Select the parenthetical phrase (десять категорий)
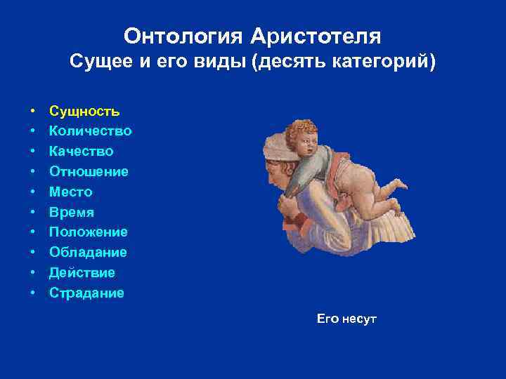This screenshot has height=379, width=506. tap(346, 62)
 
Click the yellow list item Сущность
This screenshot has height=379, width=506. tap(84, 111)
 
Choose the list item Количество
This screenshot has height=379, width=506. tap(90, 131)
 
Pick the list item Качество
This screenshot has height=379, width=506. tap(81, 152)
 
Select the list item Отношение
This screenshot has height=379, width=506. tap(89, 172)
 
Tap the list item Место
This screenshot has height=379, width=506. tap(70, 192)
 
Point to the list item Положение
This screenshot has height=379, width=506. tap(88, 232)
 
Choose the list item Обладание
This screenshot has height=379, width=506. tap(88, 253)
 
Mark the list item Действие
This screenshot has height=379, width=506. tap(82, 273)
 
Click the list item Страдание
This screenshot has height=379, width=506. tap(86, 293)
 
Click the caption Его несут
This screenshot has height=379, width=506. tap(346, 319)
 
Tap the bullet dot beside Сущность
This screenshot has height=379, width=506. tap(33, 112)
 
